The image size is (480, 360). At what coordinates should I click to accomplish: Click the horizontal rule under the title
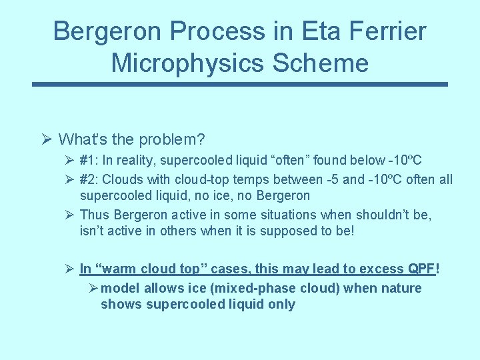[x=240, y=85]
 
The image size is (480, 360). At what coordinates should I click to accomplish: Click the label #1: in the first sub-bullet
[x=88, y=161]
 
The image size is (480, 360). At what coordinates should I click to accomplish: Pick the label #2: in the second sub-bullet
[x=88, y=179]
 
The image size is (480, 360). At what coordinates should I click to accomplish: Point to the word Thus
[x=95, y=214]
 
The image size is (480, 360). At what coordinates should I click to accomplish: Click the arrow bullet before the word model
[x=93, y=288]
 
